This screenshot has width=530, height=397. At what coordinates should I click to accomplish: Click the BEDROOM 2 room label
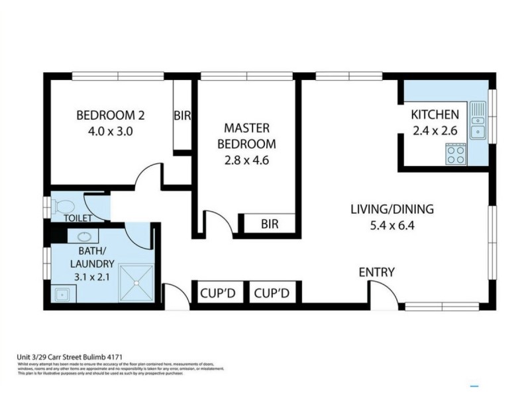111,115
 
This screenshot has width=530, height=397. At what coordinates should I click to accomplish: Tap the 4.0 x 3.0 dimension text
111,131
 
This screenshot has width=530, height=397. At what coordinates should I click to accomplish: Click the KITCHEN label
435,114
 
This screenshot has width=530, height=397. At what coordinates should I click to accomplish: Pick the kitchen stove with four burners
455,155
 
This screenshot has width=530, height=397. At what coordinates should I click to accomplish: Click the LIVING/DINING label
392,210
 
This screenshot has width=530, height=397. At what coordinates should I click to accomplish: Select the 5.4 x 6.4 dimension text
392,225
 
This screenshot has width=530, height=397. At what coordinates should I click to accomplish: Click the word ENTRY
376,272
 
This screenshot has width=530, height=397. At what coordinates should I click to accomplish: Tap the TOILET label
78,218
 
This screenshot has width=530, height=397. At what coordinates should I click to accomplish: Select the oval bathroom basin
85,236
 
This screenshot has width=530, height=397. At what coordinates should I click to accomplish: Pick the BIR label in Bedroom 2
182,116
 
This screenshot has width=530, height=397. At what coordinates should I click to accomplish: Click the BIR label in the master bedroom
269,224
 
